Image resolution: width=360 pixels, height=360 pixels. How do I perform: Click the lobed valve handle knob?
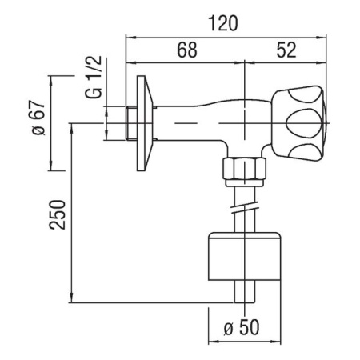[300, 122]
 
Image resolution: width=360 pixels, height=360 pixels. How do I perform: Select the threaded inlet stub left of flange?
[132, 122]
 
